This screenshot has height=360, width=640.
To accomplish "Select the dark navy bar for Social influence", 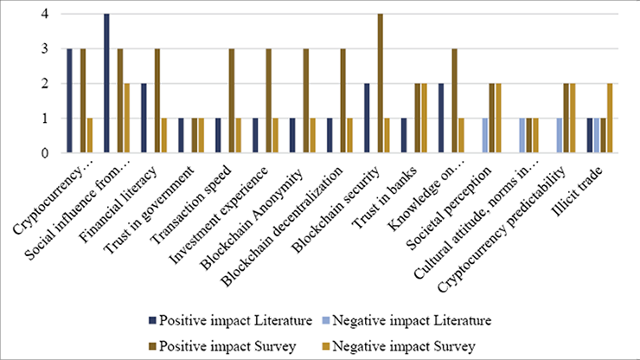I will (x=106, y=84).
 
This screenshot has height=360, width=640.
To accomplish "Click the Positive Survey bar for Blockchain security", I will (x=379, y=84).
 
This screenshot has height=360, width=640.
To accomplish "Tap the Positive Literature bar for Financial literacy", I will (x=144, y=119).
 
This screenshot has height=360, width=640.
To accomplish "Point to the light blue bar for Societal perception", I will (x=484, y=136).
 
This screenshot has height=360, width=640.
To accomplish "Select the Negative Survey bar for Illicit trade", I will (x=610, y=119).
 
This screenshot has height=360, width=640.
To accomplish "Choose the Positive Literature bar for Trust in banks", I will (x=404, y=136).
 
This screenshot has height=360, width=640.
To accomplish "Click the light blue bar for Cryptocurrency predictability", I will (x=559, y=136).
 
